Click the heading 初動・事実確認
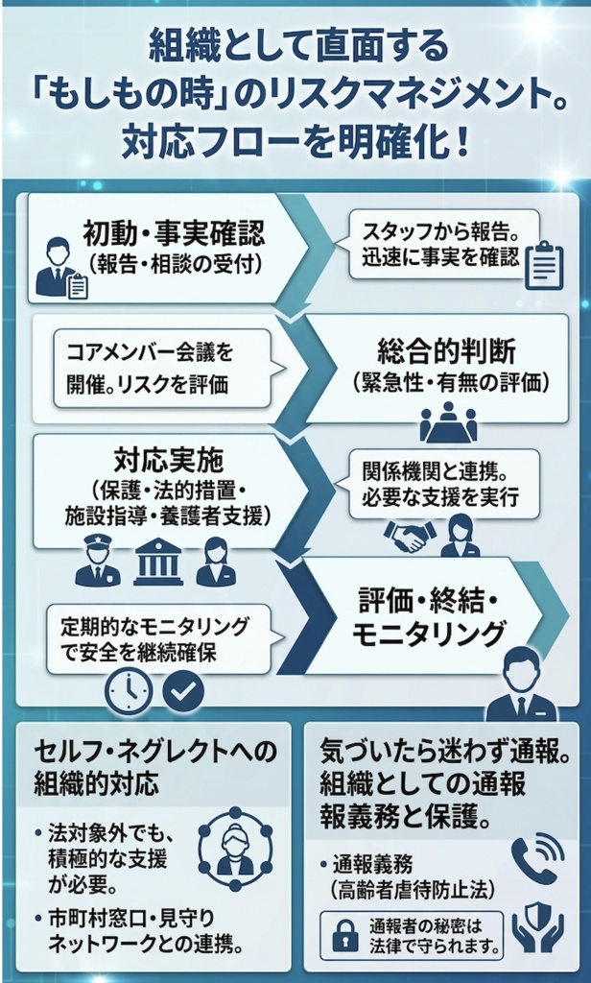tap(174, 231)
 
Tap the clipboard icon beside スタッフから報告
tap(544, 263)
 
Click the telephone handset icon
tap(534, 857)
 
